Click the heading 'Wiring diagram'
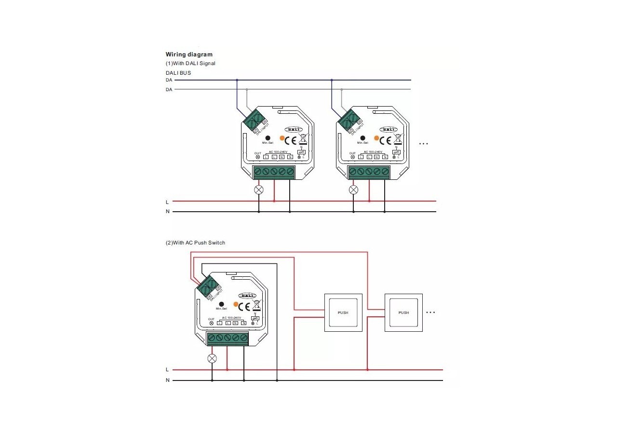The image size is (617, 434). [x=189, y=54]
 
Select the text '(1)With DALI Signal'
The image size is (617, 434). [x=190, y=63]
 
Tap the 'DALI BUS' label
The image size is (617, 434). [x=178, y=73]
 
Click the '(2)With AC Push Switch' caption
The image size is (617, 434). [x=195, y=243]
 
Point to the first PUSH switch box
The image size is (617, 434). [x=343, y=312]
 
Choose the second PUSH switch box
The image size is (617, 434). [x=403, y=312]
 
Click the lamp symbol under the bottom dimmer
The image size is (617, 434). [x=212, y=358]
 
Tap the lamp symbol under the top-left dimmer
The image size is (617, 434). [x=259, y=190]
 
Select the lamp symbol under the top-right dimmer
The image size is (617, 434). [x=353, y=190]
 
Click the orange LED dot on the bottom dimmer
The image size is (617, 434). [x=236, y=304]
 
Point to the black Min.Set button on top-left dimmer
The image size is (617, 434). [x=268, y=138]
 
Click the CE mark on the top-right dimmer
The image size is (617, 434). [x=385, y=140]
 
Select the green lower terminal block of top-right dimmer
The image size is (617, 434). [x=369, y=172]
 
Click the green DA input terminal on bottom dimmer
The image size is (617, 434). [x=206, y=288]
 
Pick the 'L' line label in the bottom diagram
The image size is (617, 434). [x=167, y=370]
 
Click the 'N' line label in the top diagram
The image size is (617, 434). [x=167, y=212]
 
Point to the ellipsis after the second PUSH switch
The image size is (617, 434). [x=430, y=312]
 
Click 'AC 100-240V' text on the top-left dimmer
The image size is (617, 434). [x=278, y=151]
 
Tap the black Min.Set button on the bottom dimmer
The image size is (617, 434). [x=221, y=304]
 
